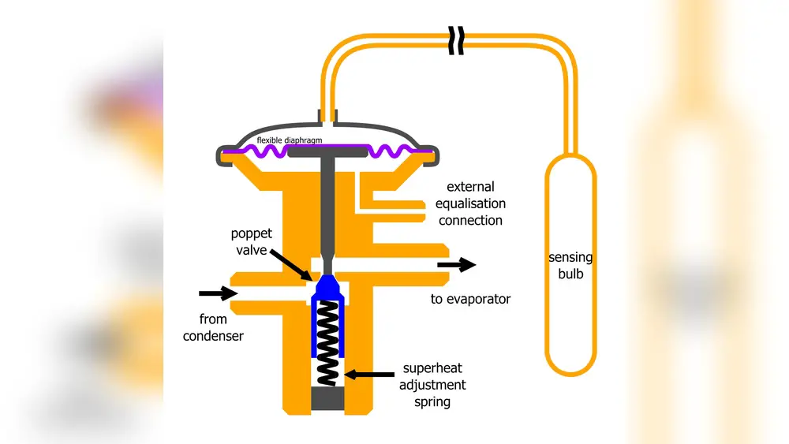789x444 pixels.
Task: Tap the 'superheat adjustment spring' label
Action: pos(434,385)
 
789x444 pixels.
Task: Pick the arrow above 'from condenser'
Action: pos(218,293)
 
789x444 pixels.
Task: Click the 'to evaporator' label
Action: pos(470,299)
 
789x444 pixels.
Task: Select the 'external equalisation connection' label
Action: pos(470,203)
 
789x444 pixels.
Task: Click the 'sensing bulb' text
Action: pos(570,266)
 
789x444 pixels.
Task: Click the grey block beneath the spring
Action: pos(327,399)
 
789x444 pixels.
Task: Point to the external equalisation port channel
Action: pos(394,203)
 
